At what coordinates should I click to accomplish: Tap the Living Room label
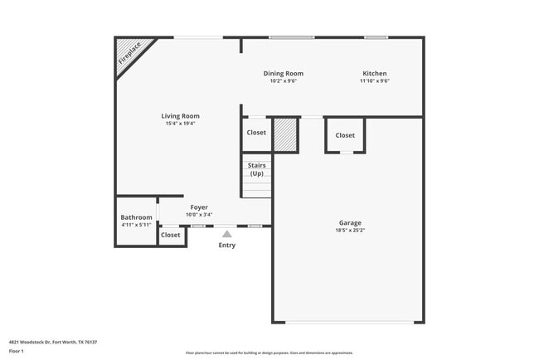coord(180,116)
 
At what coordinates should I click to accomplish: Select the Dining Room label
coord(283,73)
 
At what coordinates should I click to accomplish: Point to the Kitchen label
coord(374,73)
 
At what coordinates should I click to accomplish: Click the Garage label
coord(350,222)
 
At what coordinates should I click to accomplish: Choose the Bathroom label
coord(136,217)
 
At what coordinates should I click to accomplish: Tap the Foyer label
coord(199,207)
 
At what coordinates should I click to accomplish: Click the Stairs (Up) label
coord(256,169)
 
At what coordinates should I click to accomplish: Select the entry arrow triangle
coord(226,235)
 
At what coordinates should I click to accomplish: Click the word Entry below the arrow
coord(226,245)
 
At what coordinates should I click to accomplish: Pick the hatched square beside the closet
coord(285,135)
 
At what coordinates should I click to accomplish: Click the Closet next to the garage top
coord(345,135)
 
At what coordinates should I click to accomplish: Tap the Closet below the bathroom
coord(171,235)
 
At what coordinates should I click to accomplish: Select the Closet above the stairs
coord(256,132)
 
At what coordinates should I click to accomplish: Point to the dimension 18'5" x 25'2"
coord(350,231)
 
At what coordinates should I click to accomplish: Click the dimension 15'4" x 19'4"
coord(180,124)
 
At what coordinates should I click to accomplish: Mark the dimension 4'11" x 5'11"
coord(136,225)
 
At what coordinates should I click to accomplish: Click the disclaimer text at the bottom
coord(269,353)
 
